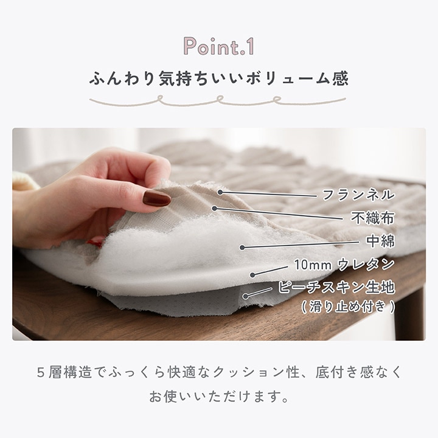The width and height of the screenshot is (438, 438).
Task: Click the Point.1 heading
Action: pos(219,46)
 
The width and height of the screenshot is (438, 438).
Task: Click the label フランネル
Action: pos(358,195)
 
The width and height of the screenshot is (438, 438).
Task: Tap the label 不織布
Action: pos(373,218)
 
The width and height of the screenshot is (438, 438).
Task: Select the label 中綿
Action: pos(380,241)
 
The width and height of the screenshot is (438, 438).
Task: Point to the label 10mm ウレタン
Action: pos(344,264)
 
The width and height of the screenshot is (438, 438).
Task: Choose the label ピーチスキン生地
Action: pos(336,287)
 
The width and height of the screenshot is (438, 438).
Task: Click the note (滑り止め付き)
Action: pos(348,307)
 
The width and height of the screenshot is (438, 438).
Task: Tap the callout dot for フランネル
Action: pos(220,192)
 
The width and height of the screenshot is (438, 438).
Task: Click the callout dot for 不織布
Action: pos(214,209)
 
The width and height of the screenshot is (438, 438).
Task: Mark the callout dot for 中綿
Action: pos(243,247)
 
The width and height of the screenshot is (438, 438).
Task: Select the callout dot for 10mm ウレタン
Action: pos(252,275)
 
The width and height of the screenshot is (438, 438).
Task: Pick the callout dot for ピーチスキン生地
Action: pos(246,296)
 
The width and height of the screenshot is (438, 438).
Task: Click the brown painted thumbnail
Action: pos(156,198)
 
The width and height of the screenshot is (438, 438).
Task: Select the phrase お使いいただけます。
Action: pos(219,397)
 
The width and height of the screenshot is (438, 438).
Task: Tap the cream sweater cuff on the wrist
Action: pos(24,181)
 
